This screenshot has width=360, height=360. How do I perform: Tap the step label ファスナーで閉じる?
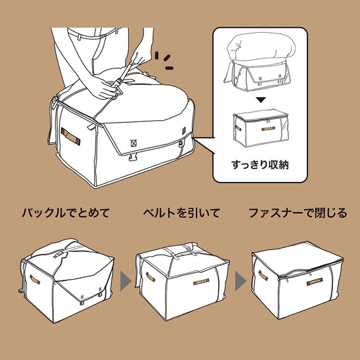(297, 213)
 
